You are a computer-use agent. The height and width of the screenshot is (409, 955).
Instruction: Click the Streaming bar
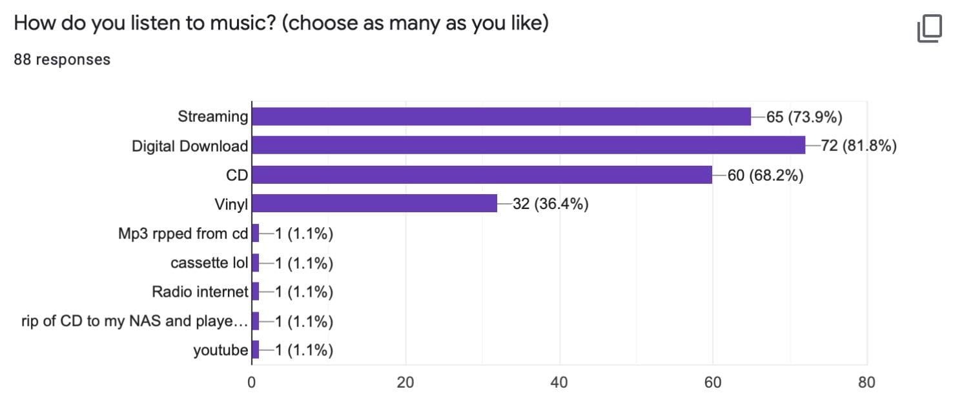501,116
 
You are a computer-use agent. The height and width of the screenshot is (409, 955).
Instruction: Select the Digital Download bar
528,145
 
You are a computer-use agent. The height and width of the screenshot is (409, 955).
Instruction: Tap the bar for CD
482,174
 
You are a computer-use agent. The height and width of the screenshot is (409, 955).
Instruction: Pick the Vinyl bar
375,203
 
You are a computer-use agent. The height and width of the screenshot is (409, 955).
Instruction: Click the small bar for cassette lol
255,263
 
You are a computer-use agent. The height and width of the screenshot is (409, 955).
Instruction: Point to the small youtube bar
255,350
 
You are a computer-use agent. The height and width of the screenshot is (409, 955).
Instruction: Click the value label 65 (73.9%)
805,117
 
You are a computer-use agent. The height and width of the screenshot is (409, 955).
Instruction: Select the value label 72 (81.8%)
859,146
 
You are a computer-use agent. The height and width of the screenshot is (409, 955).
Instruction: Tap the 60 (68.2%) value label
765,175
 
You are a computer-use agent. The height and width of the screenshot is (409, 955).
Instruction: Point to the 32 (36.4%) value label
550,204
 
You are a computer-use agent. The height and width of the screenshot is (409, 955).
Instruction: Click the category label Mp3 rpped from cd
183,234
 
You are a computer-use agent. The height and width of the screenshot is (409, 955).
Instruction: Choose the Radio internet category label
200,292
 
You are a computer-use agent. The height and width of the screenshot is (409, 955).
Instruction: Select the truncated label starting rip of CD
134,321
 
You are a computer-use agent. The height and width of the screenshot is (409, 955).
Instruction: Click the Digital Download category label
189,146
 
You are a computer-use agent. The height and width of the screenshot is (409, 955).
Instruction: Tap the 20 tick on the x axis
406,382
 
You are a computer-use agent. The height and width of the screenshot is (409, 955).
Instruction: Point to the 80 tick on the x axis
867,382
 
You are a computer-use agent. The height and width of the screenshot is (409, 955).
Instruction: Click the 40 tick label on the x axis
559,382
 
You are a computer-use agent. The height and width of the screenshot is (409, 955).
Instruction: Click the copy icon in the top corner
929,29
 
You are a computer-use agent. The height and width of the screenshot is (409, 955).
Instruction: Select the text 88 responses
62,59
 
